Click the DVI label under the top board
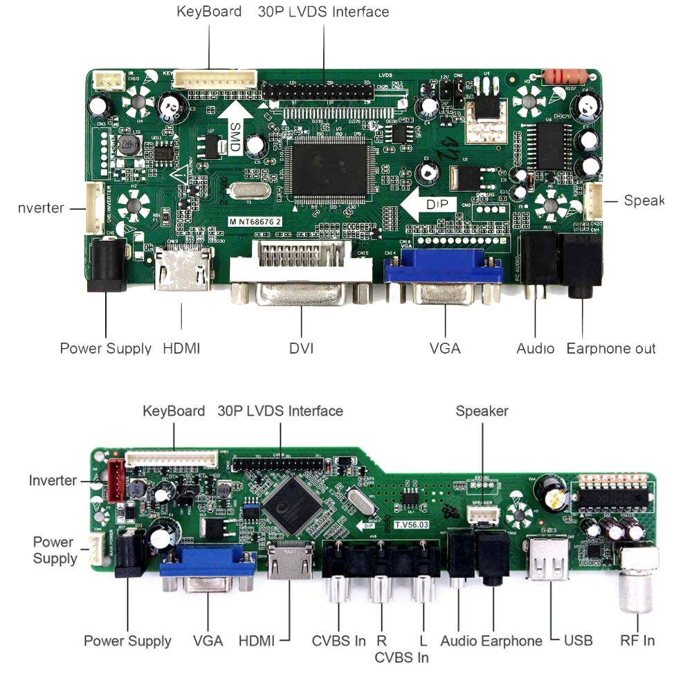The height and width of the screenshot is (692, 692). coord(301,348)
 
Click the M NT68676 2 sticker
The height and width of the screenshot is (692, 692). coord(259,221)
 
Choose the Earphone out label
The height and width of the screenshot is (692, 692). coord(610,348)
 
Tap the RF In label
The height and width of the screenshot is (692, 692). coord(637,640)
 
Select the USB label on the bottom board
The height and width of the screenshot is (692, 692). coord(578,640)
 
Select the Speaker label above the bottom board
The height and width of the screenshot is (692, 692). coord(482,411)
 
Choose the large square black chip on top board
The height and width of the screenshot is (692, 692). coord(328,163)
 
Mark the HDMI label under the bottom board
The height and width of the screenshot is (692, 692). coord(257,640)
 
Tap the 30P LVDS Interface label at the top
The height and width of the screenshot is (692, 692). coord(323,12)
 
